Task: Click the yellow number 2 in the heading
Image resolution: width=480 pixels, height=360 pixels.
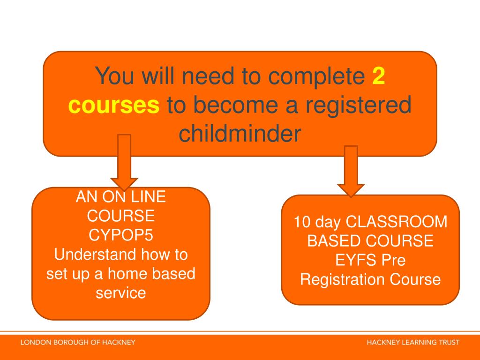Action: (379, 76)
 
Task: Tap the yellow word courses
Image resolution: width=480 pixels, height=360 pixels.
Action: (113, 105)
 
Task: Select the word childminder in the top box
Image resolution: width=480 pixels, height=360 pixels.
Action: (239, 134)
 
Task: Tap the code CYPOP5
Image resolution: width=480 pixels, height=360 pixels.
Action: (121, 235)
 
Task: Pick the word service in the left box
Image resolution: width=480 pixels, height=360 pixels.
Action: (121, 293)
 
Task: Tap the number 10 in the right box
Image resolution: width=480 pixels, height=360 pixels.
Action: (302, 221)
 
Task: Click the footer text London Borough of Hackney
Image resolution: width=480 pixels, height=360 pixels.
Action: (77, 343)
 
